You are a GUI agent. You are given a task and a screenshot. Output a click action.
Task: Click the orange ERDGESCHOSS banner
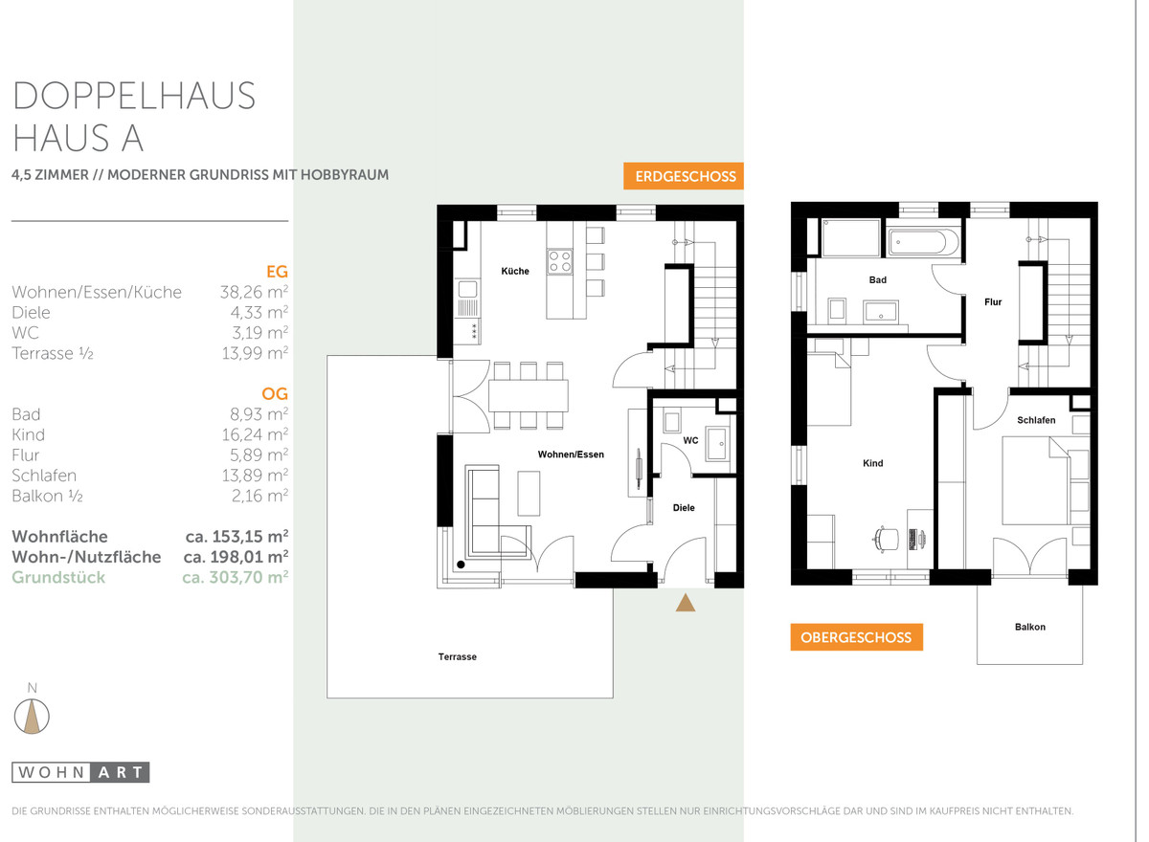coord(684,176)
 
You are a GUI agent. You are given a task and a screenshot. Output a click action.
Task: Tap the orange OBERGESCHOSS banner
coord(856,637)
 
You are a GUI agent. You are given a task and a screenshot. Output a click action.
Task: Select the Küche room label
coord(515,271)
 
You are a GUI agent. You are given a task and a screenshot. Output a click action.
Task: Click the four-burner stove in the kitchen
coord(559,261)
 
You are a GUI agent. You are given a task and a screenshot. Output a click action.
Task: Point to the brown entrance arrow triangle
coord(686,603)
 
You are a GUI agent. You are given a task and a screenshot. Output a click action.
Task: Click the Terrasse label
coord(458,657)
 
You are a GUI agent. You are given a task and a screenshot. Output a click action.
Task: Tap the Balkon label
coord(1030,627)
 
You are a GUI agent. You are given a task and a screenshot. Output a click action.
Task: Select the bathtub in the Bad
coord(923,241)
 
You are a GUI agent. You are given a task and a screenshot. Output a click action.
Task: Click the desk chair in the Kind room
coord(886,539)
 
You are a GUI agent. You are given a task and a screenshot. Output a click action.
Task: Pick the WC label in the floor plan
coord(691,440)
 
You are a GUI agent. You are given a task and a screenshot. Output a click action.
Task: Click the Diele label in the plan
coord(684,507)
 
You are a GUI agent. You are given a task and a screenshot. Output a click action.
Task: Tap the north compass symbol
coord(32,716)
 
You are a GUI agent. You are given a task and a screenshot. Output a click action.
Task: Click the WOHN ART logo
coord(80,772)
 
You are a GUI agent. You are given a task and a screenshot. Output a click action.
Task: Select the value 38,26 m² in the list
coord(254,292)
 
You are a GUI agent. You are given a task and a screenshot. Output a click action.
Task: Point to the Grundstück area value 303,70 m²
coord(236,577)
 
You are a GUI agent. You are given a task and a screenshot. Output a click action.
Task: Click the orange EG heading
coord(277,271)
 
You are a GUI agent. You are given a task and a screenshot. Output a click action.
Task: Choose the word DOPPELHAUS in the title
coord(134,96)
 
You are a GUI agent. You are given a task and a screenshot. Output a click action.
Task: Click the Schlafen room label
coord(1036,420)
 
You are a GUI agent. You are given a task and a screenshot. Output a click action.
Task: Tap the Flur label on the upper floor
coord(993,301)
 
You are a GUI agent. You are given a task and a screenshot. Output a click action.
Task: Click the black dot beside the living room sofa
coord(461,565)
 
